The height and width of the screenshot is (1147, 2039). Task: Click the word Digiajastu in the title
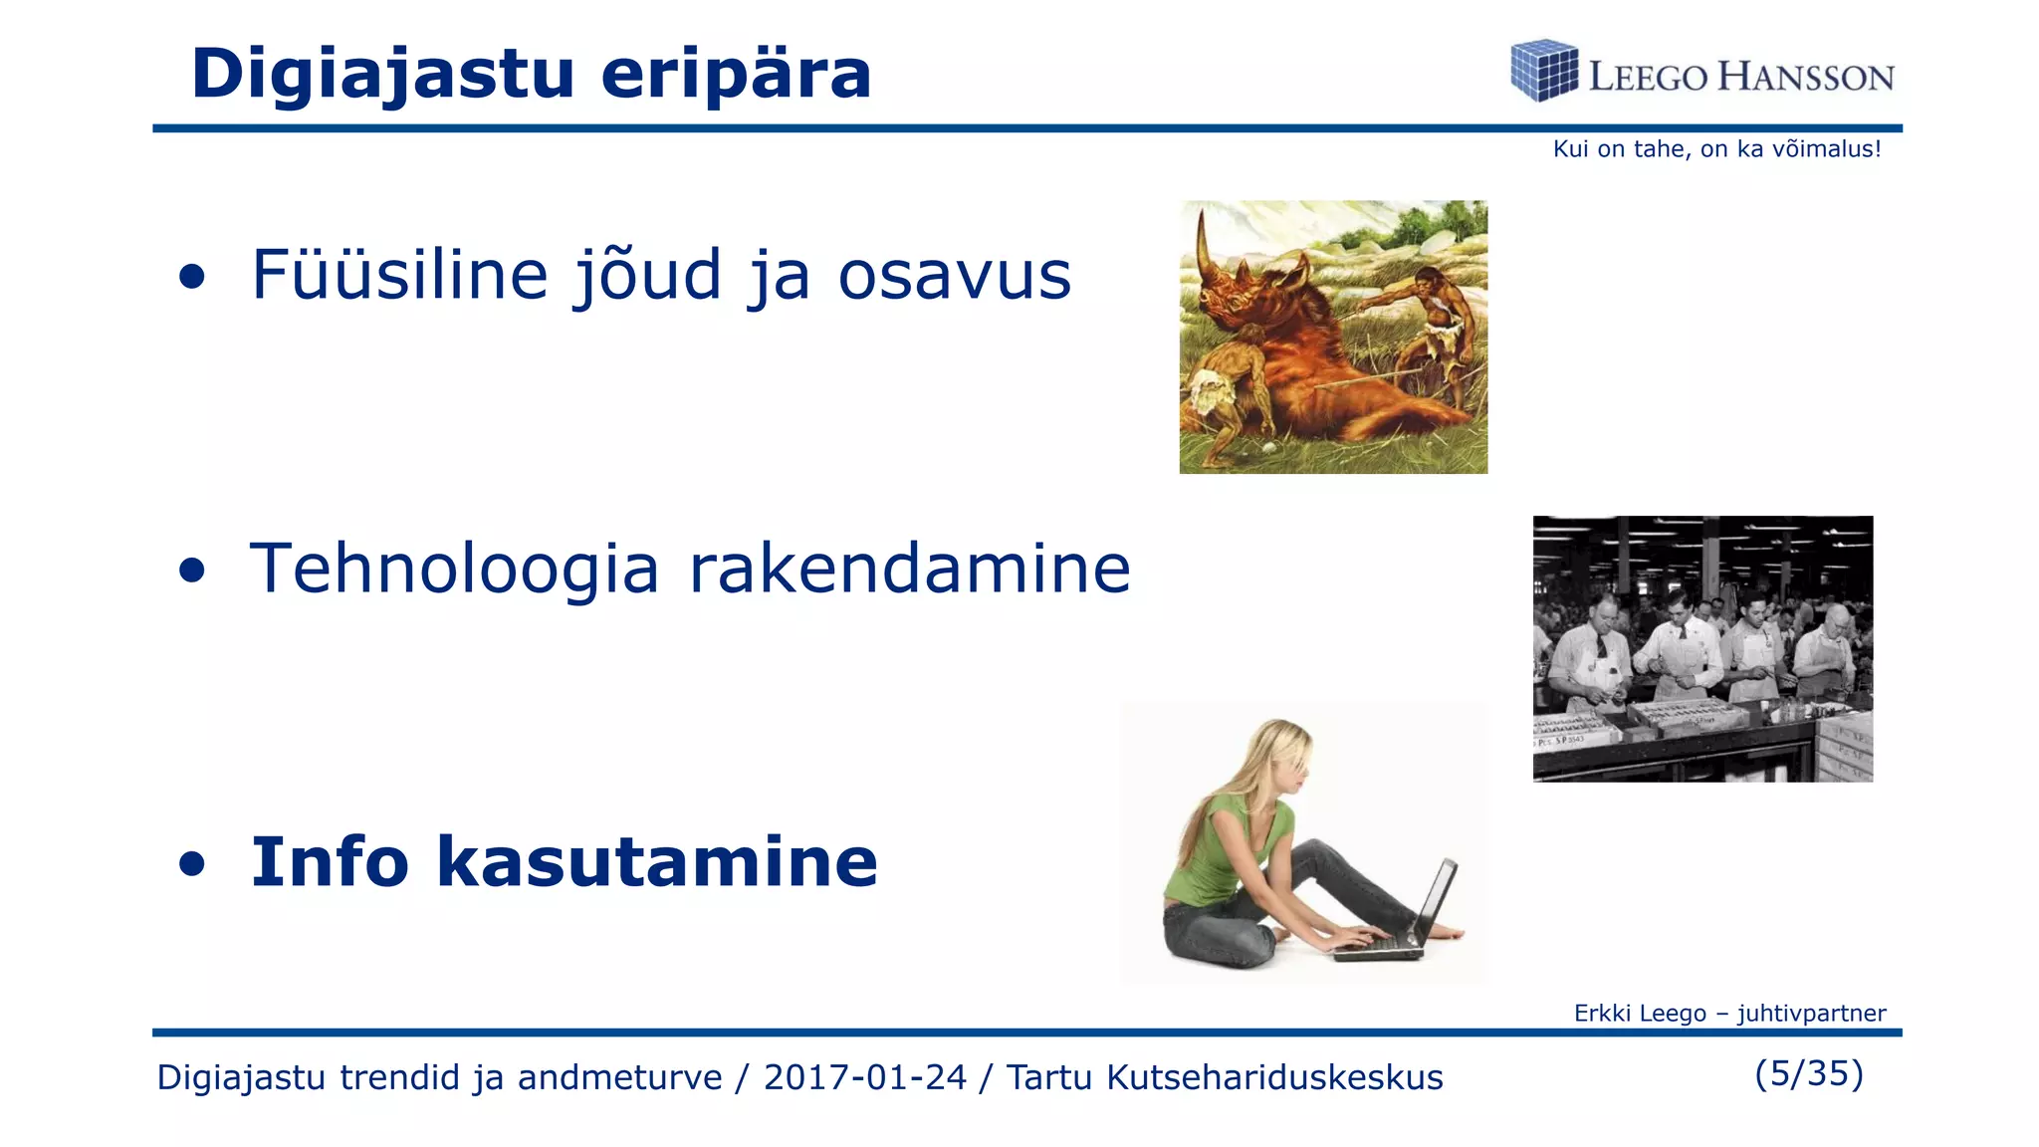click(382, 74)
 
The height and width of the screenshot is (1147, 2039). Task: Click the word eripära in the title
click(736, 74)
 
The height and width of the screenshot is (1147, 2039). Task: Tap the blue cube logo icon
click(1543, 71)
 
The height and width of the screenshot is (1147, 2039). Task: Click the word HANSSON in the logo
click(1806, 78)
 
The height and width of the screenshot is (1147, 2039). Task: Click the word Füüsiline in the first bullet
click(399, 275)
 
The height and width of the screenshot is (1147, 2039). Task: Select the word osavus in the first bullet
click(954, 275)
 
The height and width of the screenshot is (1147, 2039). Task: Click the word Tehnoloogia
click(454, 570)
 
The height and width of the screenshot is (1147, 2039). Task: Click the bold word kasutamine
click(657, 862)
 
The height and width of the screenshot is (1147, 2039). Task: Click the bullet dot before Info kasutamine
click(192, 864)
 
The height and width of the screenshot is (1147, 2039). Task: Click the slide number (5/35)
click(1808, 1073)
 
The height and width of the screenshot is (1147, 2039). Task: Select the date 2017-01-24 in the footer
click(864, 1077)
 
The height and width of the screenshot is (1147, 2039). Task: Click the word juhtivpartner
click(1811, 1014)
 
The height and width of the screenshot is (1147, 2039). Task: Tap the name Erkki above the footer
click(1598, 1014)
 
